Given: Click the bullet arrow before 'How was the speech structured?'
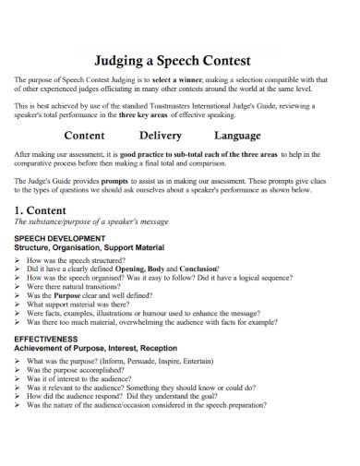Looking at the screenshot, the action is [18, 261].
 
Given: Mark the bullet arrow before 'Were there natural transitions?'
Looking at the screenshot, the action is [18, 287].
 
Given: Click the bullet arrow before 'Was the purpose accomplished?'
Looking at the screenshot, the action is [18, 372].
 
